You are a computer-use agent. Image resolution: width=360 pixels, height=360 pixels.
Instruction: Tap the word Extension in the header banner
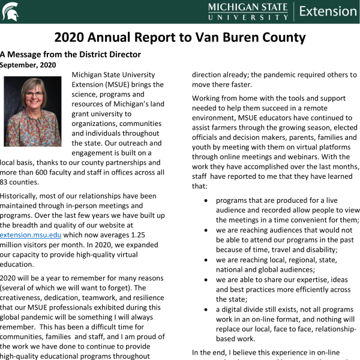pyautogui.click(x=327, y=11)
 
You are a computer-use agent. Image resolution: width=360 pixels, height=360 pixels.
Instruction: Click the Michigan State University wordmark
pyautogui.click(x=247, y=11)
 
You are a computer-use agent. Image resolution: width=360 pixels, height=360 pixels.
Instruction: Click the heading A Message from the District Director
pyautogui.click(x=70, y=55)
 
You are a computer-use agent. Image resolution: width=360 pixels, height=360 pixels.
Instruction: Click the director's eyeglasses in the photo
pyautogui.click(x=34, y=94)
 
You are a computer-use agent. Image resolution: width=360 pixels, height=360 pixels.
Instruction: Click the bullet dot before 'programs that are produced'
pyautogui.click(x=206, y=200)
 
